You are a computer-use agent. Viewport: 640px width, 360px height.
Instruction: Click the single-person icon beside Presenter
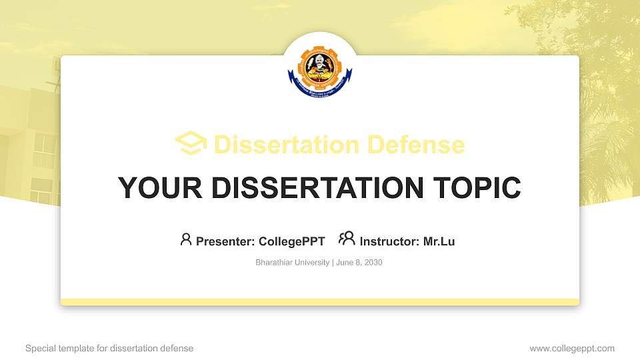186,239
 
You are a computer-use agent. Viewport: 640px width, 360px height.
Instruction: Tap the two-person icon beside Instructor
347,239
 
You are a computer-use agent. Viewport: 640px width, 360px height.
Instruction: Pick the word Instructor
389,241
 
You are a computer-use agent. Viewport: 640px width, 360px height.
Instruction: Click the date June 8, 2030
359,263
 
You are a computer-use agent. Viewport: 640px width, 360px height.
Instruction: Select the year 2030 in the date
373,263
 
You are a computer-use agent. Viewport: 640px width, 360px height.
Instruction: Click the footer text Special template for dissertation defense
109,348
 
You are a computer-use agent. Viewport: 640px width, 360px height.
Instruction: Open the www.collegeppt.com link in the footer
572,348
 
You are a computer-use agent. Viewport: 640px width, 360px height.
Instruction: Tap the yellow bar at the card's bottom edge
320,302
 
